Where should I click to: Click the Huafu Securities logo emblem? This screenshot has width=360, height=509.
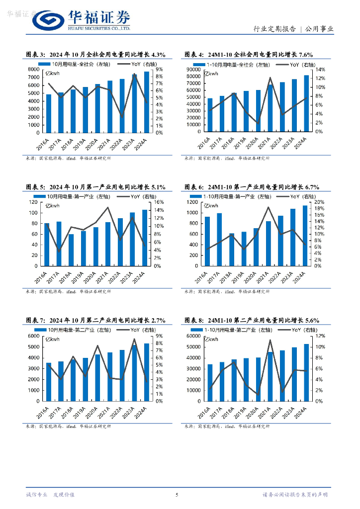pos(48,20)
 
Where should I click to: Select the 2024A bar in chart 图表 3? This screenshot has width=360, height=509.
pos(147,102)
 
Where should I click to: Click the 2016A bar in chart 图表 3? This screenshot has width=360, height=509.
pos(49,113)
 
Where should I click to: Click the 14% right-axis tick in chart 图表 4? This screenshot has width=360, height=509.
pos(321,70)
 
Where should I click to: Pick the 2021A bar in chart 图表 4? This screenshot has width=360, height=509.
pos(270,108)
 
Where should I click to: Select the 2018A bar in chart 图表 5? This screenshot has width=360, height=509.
pos(71,250)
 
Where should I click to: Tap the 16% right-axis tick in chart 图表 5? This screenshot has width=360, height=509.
pos(159,202)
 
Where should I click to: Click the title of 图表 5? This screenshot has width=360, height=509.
pos(95,187)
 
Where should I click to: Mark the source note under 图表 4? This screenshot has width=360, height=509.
pos(227,158)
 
